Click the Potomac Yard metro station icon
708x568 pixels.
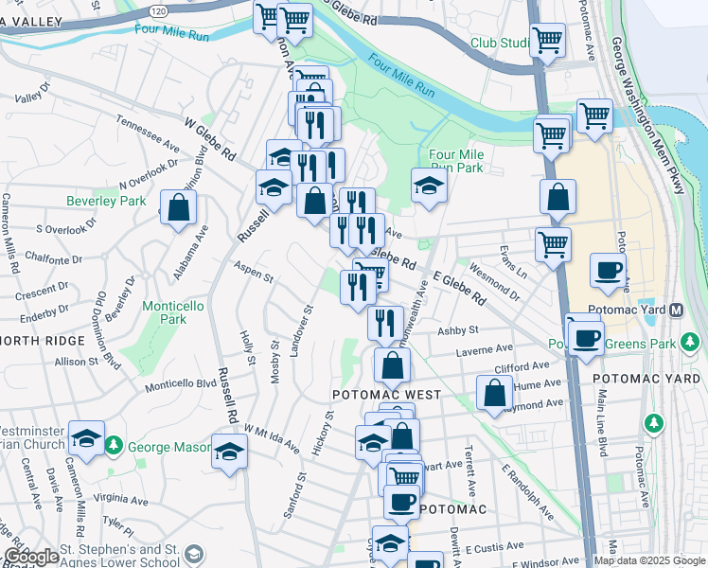(x=677, y=310)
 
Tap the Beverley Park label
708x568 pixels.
(x=119, y=201)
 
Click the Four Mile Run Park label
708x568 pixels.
(x=456, y=161)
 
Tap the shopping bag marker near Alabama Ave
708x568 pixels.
(x=177, y=207)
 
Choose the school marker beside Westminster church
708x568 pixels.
(x=87, y=437)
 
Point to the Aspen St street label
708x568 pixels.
(x=254, y=278)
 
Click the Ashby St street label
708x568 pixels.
(x=458, y=330)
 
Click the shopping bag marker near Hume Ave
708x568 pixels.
(x=494, y=392)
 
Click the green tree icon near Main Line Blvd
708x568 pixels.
(x=652, y=422)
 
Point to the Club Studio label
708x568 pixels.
(x=500, y=44)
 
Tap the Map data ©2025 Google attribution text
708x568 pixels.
(x=649, y=560)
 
